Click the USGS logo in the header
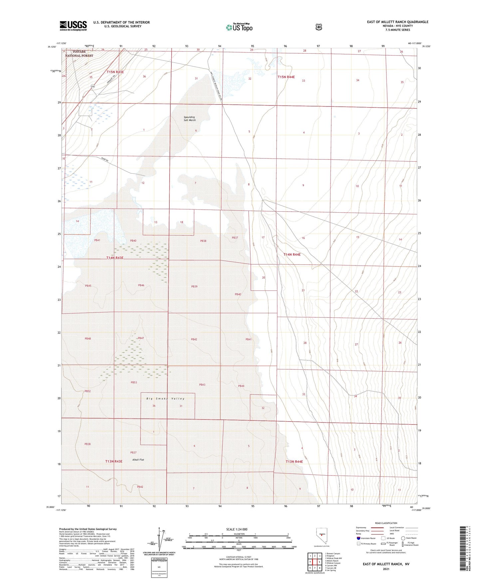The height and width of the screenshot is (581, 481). (73, 26)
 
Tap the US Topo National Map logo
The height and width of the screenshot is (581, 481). (239, 27)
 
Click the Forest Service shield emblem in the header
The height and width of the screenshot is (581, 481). (319, 27)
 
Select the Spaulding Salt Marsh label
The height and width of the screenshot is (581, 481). (190, 118)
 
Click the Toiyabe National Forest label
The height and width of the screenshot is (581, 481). (79, 54)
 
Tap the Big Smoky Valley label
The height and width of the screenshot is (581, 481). (165, 398)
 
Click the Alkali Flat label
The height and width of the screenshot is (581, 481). (138, 460)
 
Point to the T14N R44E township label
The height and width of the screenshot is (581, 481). (292, 254)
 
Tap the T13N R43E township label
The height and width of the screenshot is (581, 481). (114, 461)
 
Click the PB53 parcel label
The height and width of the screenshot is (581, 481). (134, 382)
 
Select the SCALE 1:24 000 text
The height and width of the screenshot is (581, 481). (237, 529)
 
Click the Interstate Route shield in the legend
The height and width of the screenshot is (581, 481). (358, 538)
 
